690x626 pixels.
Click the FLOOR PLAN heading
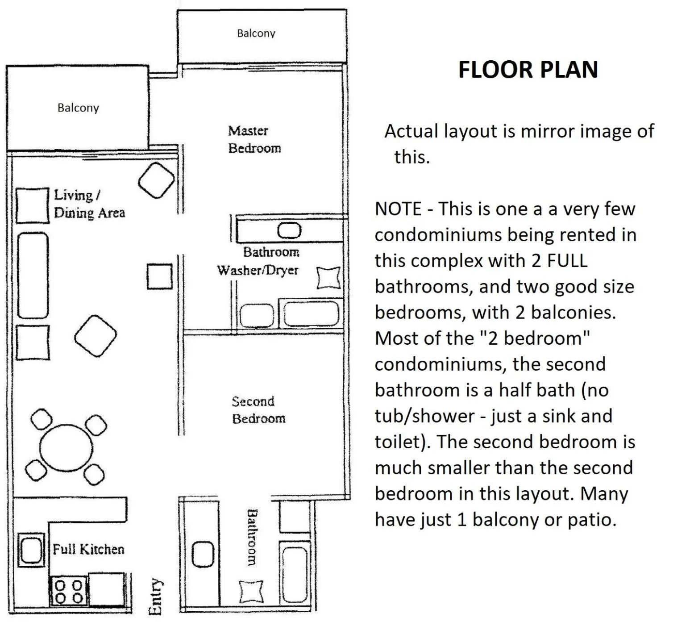528,70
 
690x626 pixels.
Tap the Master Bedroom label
254,139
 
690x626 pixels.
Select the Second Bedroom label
258,410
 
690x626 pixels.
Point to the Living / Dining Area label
89,204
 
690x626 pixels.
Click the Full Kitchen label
88,549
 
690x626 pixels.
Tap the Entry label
154,597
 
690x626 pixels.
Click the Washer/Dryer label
258,270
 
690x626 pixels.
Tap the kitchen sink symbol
31,550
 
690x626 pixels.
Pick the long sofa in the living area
33,275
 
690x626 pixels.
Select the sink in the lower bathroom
203,554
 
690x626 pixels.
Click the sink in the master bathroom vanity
289,231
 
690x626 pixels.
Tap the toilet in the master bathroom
328,278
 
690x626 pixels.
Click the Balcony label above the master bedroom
256,33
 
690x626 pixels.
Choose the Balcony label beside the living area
78,108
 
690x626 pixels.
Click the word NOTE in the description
398,209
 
